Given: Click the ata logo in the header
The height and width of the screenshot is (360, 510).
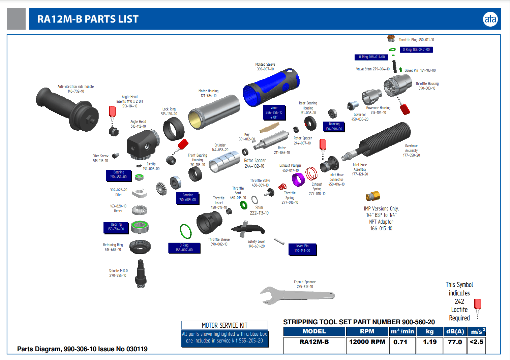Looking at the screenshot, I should coord(490,19).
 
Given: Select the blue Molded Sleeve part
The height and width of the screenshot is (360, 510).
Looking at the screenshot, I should coord(271,87).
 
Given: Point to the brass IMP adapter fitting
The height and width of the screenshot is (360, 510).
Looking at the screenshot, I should coord(373,196).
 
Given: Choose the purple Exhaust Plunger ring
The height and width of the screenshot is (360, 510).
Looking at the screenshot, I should coord(298,179).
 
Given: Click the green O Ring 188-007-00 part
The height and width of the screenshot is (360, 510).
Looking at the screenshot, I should coord(185,231).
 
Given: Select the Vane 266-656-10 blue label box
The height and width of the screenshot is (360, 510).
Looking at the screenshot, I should coord(274,112).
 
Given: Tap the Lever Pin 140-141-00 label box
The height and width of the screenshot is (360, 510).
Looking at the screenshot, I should coord(302,249).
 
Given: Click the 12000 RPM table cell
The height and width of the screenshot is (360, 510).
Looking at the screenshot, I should coord(367,342).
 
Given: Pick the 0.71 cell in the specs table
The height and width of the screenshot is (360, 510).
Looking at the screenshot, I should coord(400,342).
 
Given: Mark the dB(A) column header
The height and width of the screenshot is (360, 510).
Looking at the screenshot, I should coord(455,331).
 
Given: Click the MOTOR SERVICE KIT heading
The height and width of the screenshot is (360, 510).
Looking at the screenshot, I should coord(224,325).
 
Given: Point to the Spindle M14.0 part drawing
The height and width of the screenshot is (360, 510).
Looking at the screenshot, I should coord(141,273).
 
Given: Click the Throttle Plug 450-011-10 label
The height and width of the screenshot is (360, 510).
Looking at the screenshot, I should coord(416,40).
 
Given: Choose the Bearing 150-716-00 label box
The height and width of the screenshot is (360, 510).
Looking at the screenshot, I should coord(116,227).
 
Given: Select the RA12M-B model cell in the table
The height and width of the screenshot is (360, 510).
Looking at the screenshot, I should coord(314,342).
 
